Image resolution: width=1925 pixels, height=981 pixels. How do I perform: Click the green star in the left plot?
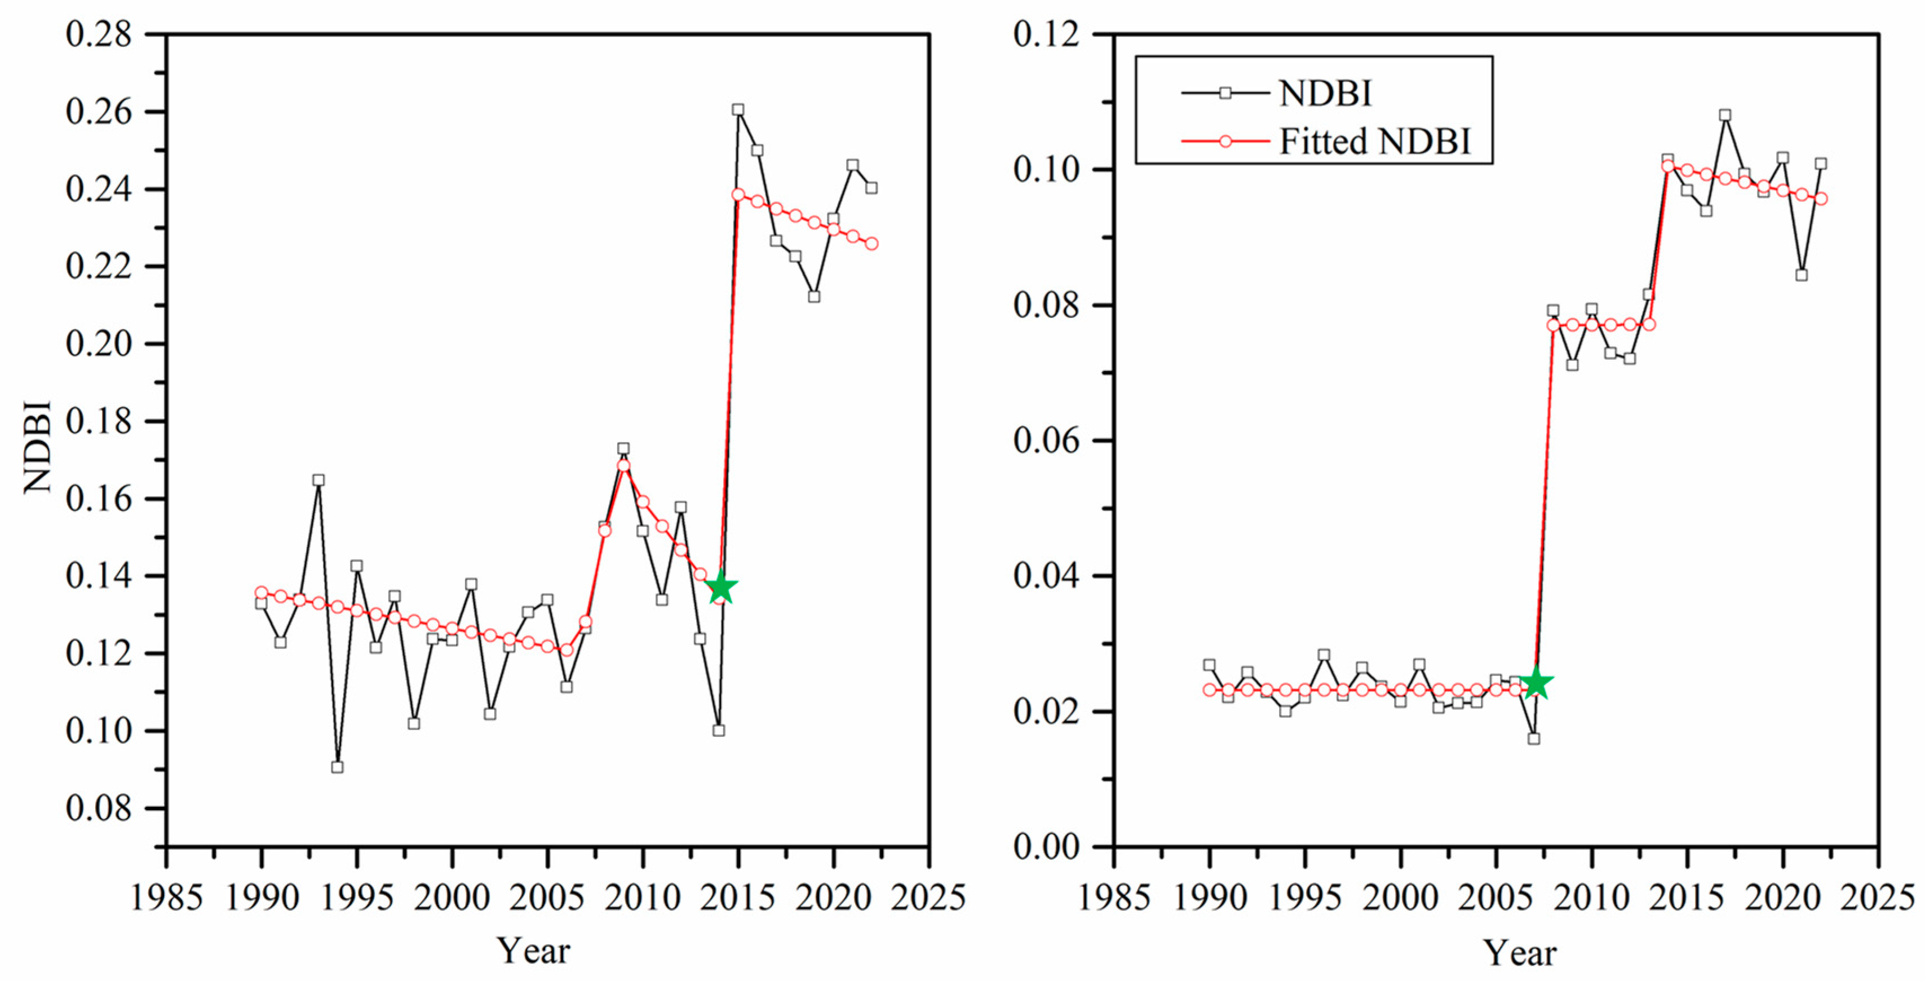(721, 588)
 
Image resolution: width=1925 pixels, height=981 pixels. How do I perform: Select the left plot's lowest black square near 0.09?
(337, 767)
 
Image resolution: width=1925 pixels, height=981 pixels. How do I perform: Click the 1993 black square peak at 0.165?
(318, 480)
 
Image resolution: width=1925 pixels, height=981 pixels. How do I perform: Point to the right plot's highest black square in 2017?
(1725, 115)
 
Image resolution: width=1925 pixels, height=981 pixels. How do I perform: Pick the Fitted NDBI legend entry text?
(1374, 141)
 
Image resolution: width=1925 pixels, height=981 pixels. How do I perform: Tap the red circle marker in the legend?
(1225, 141)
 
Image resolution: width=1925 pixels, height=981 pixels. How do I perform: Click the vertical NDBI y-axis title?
(37, 447)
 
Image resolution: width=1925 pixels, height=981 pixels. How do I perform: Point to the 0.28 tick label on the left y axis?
(98, 34)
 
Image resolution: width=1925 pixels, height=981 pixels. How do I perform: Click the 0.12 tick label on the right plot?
(1046, 34)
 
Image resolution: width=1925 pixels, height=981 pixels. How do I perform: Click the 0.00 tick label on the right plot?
(1046, 846)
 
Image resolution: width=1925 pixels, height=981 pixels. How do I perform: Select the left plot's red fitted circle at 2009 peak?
(623, 466)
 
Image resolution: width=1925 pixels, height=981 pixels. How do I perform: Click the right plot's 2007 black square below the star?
(1533, 738)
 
